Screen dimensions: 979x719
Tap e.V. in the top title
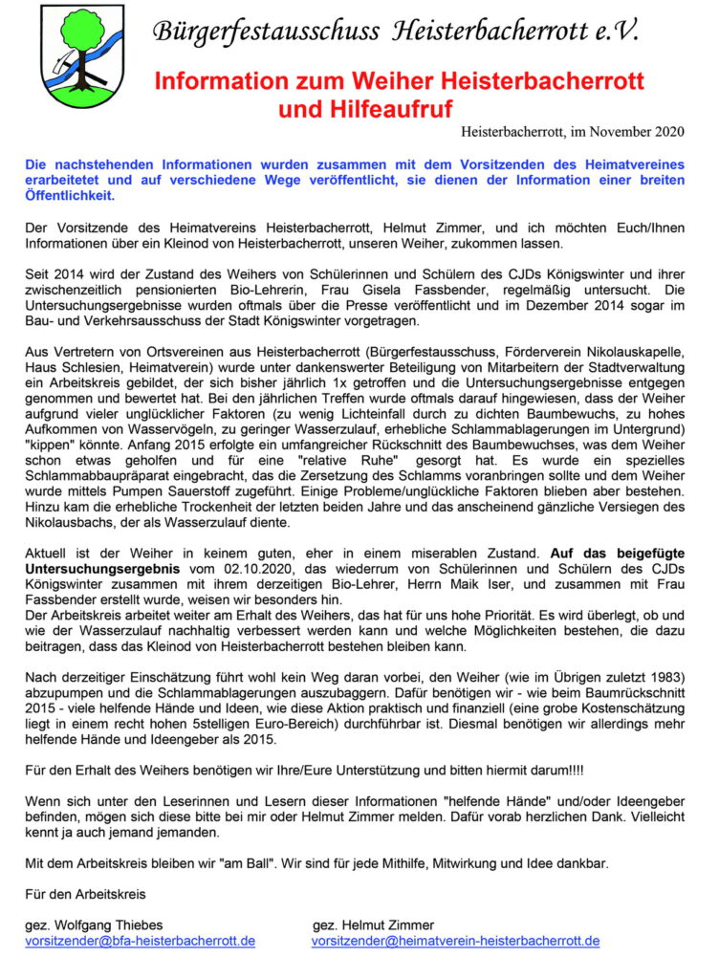[x=608, y=31]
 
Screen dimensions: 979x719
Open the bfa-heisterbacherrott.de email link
[x=140, y=941]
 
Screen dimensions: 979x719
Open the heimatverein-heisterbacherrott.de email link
[x=455, y=941]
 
